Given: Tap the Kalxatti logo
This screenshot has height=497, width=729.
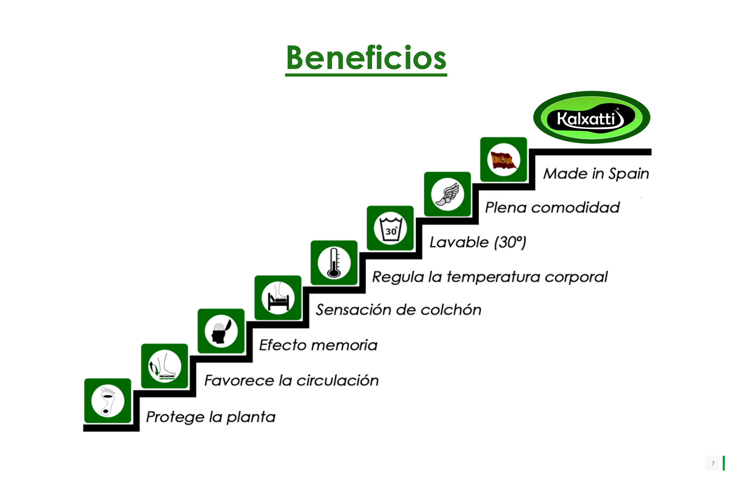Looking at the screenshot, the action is click(x=592, y=117).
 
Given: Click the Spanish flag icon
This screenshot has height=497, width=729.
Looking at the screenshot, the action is click(x=503, y=159).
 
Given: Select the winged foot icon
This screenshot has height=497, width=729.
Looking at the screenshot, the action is click(x=447, y=194).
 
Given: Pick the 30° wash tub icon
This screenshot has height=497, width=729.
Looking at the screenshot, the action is click(x=390, y=228).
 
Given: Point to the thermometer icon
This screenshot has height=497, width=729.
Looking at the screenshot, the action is click(x=334, y=263).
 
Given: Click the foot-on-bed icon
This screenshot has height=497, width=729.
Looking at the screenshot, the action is click(x=278, y=298).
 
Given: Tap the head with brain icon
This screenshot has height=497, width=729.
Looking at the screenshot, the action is click(x=221, y=331).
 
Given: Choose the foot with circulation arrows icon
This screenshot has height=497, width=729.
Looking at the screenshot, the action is click(x=164, y=366).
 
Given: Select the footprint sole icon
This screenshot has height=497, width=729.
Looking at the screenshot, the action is click(x=107, y=401).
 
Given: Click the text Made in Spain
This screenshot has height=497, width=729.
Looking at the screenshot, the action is click(x=596, y=174).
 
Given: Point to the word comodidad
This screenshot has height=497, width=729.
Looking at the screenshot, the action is click(x=575, y=208).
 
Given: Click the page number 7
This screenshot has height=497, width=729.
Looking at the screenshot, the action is click(x=713, y=463).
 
